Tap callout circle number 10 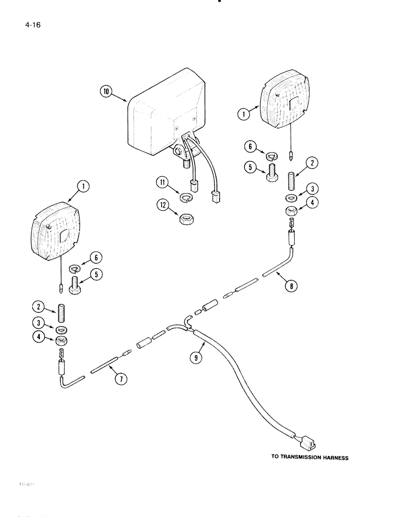click(105, 92)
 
